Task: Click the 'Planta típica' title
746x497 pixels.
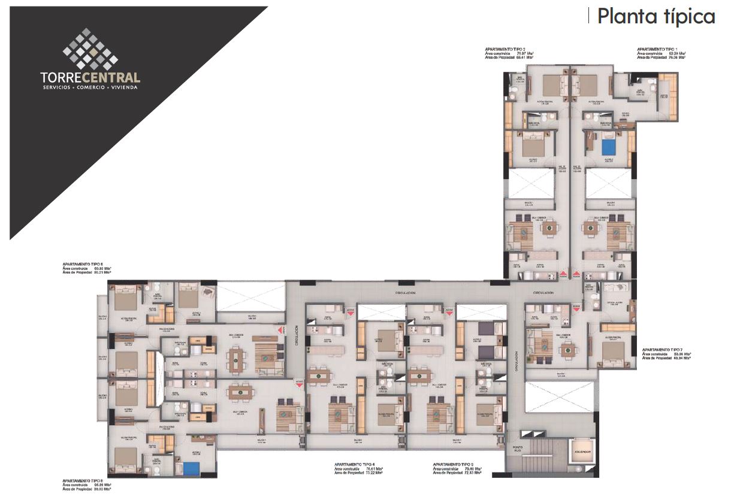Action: pos(656,16)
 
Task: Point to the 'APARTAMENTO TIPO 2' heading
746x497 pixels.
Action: pos(505,49)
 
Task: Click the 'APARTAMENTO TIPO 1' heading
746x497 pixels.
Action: pos(657,49)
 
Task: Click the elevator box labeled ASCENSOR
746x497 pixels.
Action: pos(582,452)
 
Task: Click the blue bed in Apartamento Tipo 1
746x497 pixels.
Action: pos(609,146)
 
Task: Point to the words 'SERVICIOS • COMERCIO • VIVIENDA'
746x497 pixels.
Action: pos(90,87)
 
